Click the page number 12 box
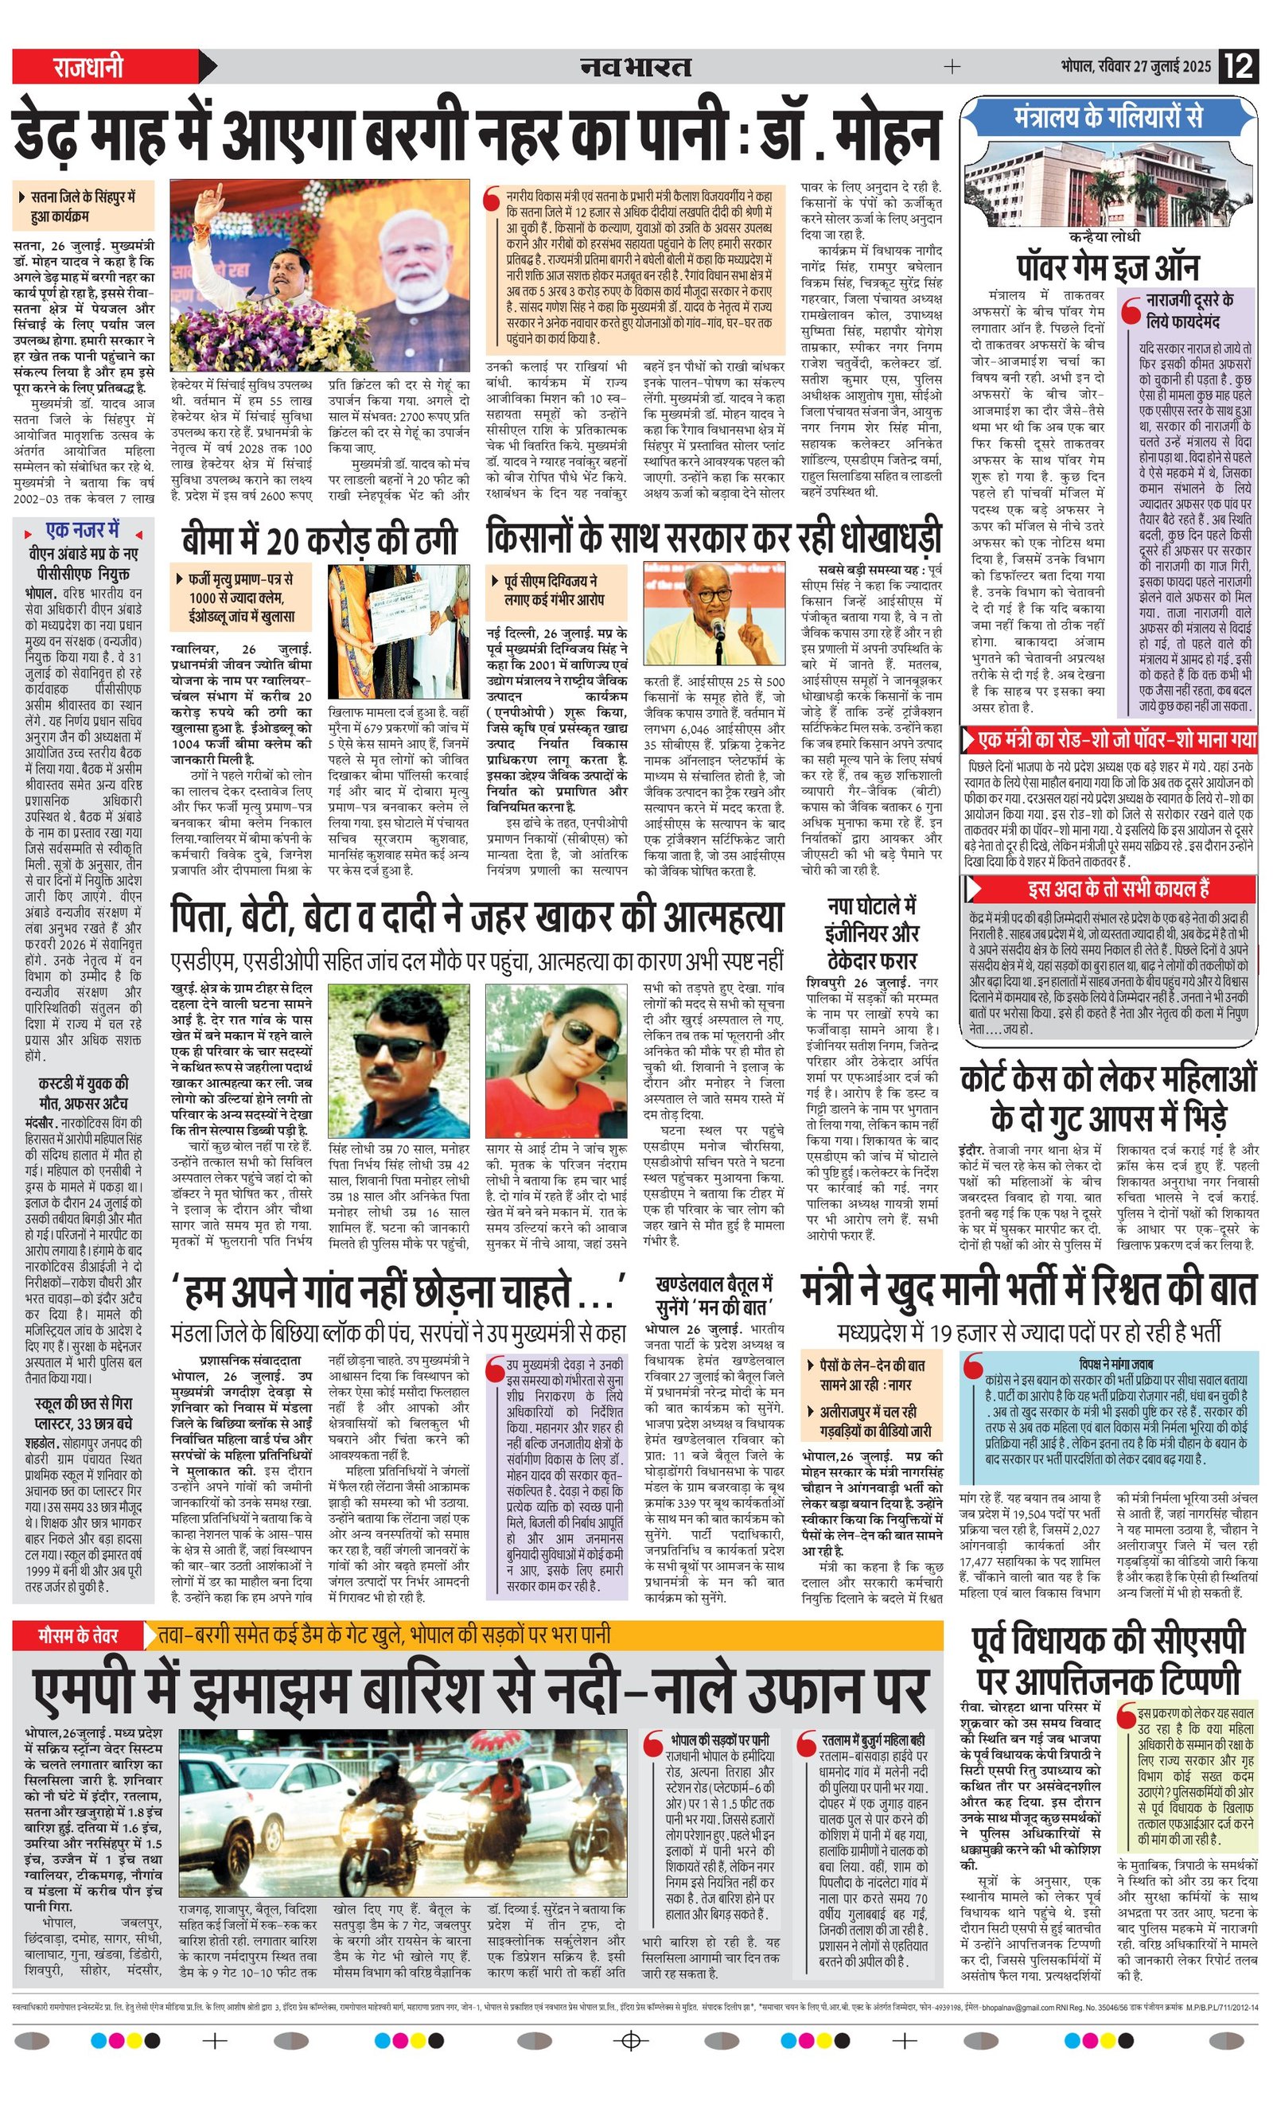[x=1239, y=66]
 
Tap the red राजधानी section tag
[x=89, y=66]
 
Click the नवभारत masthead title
[x=636, y=66]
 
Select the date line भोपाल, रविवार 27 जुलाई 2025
[x=1135, y=66]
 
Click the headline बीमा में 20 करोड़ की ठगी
[x=319, y=540]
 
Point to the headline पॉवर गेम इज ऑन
[x=1108, y=267]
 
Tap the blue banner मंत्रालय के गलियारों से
[x=1108, y=116]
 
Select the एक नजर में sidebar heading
[x=83, y=530]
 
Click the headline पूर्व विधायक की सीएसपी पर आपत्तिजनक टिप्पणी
[x=1108, y=1660]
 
